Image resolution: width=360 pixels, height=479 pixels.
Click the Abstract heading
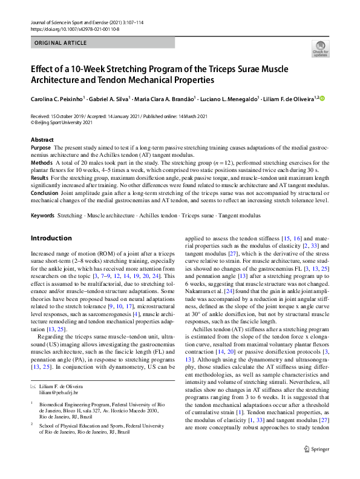click(x=42, y=140)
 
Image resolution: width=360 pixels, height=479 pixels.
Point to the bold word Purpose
click(x=41, y=148)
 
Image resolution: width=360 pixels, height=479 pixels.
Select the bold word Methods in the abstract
click(x=41, y=164)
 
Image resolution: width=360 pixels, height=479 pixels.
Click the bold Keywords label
click(x=43, y=216)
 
